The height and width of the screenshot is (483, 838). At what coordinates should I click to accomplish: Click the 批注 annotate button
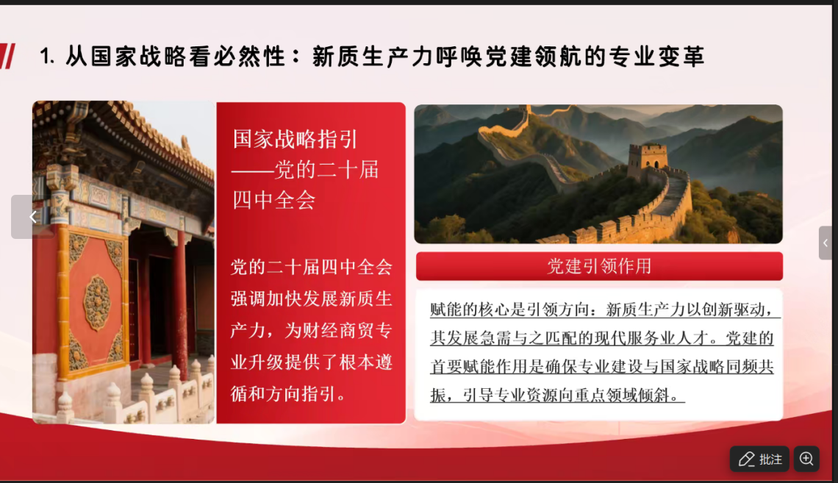click(x=759, y=459)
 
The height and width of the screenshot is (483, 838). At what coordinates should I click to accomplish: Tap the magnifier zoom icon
click(x=806, y=459)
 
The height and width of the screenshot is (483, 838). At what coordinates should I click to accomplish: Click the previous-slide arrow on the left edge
click(x=32, y=216)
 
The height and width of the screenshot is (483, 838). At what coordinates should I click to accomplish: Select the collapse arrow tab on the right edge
click(x=826, y=243)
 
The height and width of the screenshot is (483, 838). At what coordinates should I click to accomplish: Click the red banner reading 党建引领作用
click(x=599, y=266)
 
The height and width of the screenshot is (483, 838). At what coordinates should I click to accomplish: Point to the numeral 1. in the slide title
click(x=47, y=56)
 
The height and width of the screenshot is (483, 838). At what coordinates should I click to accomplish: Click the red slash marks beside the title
click(x=7, y=56)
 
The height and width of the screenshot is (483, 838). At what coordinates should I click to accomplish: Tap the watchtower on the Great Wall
click(x=647, y=160)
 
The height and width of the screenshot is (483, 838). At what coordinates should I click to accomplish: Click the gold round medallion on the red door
click(x=97, y=302)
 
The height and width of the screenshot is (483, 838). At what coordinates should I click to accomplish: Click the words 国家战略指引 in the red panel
click(x=295, y=140)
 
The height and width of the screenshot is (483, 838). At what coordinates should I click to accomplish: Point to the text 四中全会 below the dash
click(x=273, y=201)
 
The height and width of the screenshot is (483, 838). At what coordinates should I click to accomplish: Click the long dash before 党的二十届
click(x=253, y=171)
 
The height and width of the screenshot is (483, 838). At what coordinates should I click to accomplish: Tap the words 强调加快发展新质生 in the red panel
click(x=312, y=298)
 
